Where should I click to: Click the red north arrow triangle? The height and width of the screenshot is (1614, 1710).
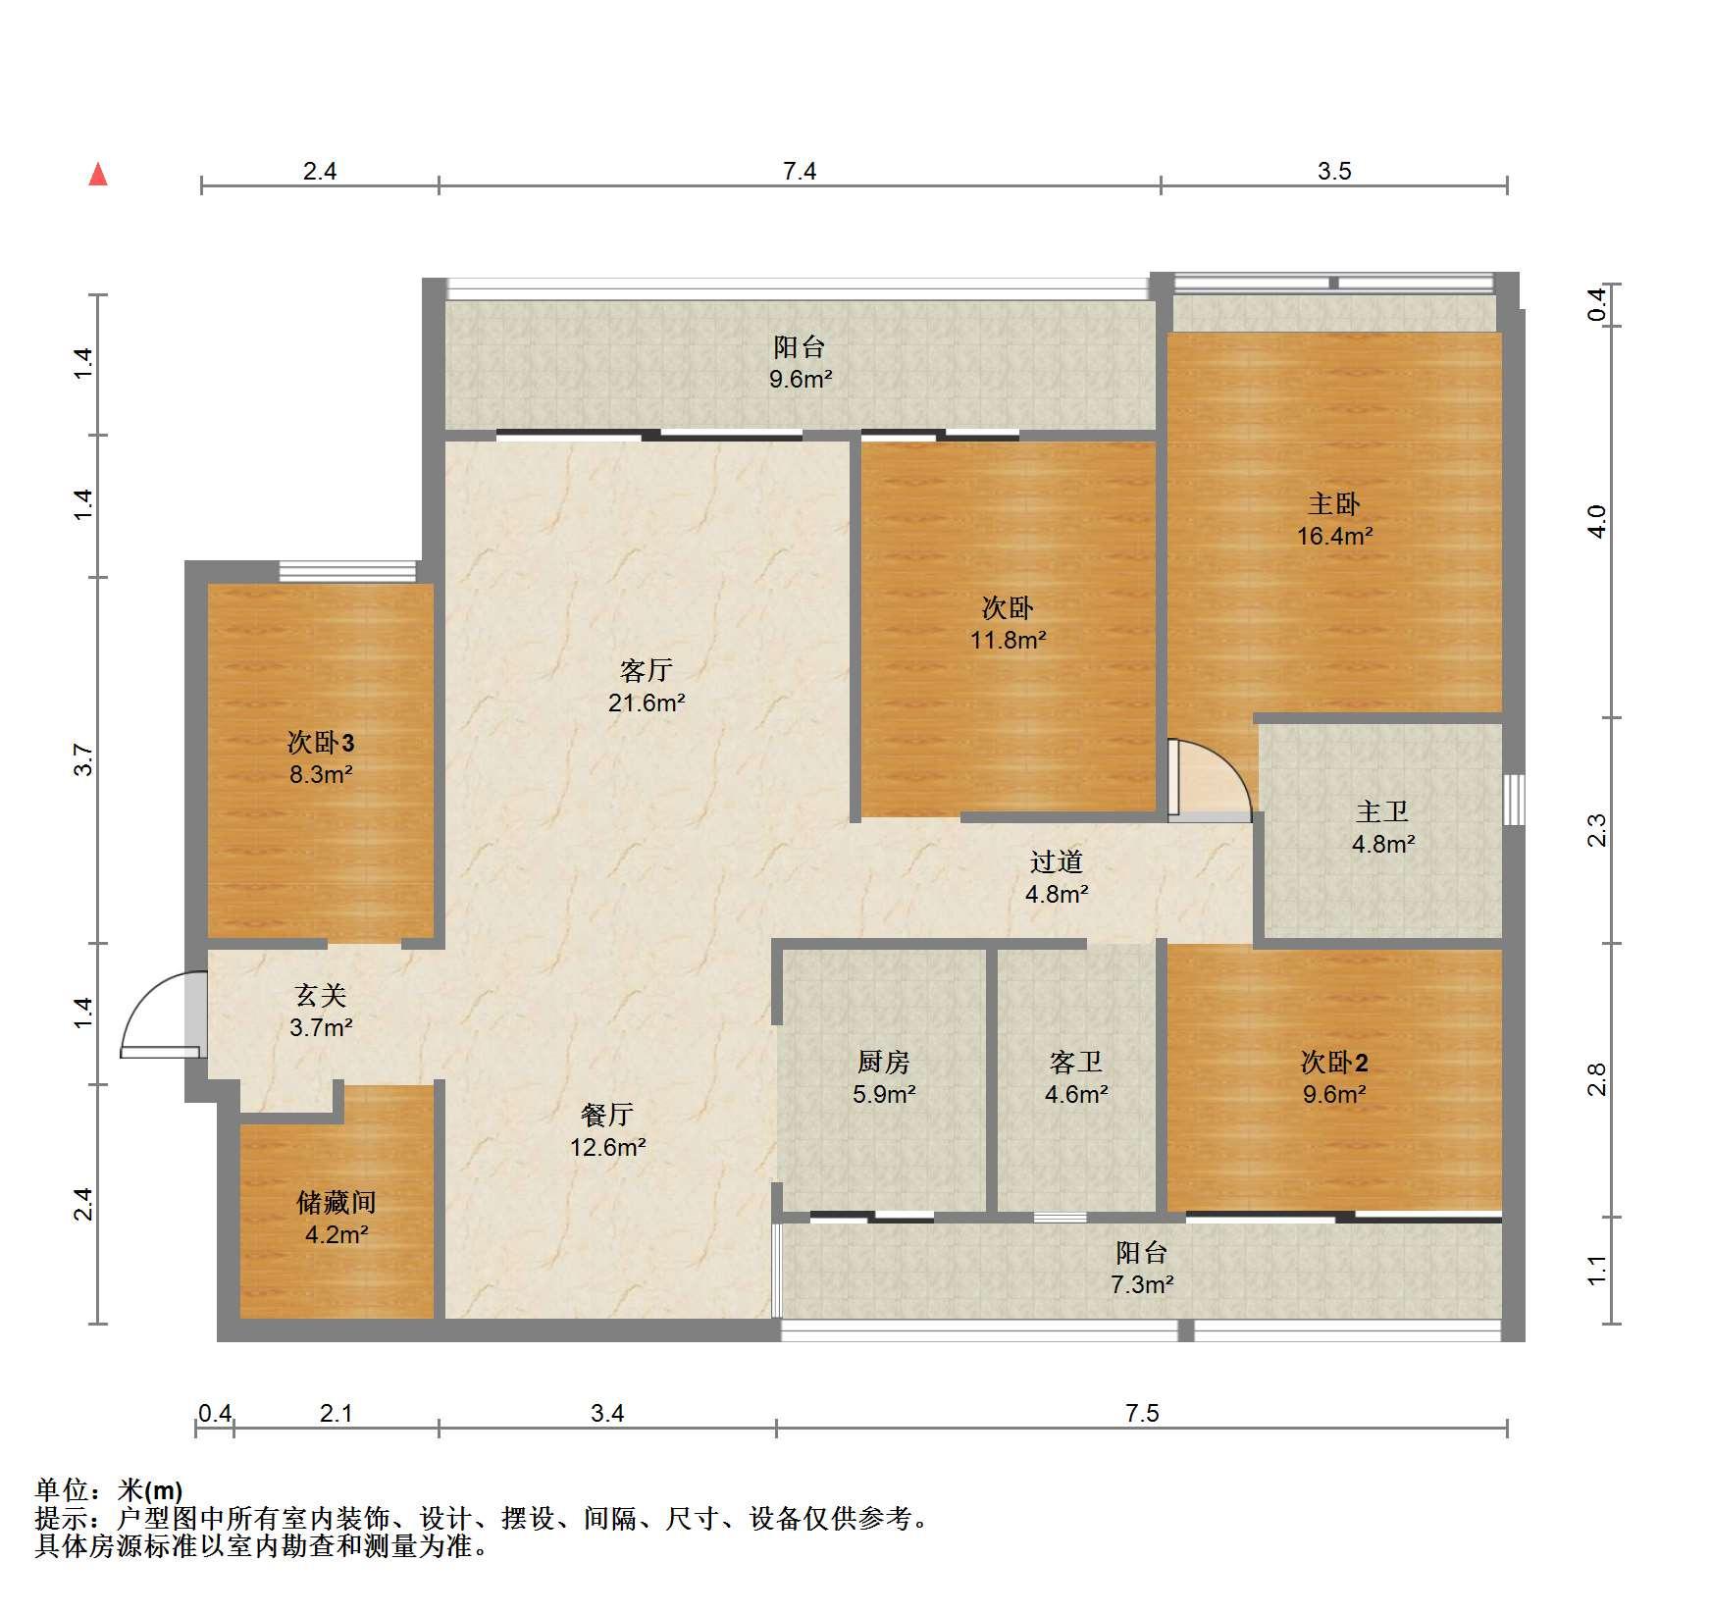point(98,175)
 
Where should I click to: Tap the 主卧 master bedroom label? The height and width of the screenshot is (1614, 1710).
point(1333,504)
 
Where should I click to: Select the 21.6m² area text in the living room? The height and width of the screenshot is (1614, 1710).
point(647,703)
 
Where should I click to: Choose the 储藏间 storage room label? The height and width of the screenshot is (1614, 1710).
point(337,1202)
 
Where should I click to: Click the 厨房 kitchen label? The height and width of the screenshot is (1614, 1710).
point(883,1062)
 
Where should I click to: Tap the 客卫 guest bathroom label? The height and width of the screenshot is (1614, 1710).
point(1076,1062)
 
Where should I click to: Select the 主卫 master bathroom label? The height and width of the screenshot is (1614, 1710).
point(1382,811)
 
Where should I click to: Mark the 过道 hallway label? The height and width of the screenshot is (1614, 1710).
point(1057,861)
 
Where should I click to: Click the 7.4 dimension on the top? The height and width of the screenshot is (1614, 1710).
point(800,172)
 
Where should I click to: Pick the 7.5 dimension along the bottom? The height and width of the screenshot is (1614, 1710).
point(1142,1413)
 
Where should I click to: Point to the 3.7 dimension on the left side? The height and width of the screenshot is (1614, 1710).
point(84,760)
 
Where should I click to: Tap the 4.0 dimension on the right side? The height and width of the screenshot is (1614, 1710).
point(1597,521)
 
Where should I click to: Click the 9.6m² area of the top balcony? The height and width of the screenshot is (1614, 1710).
point(801,379)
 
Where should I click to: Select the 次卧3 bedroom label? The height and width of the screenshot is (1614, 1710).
point(321,743)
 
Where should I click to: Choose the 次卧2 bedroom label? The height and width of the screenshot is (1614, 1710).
point(1334,1062)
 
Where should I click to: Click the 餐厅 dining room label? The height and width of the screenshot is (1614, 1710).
point(607,1115)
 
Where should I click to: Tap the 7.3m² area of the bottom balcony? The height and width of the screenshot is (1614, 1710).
point(1142,1283)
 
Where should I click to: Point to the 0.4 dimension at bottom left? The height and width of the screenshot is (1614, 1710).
point(215,1413)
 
